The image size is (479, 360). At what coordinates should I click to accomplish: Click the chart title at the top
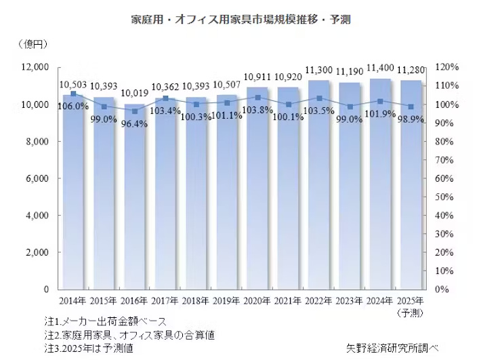click(x=241, y=19)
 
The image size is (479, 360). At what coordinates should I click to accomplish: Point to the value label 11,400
click(x=380, y=69)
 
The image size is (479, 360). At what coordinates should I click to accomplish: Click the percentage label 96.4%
click(x=134, y=122)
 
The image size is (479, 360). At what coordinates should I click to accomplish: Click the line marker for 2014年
click(x=73, y=94)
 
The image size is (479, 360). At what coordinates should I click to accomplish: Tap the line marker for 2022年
click(x=319, y=98)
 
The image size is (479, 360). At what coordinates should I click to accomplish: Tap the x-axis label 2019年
click(x=226, y=300)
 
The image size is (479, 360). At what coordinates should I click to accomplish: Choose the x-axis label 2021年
click(x=288, y=300)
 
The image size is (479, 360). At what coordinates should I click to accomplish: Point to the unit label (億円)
click(x=31, y=45)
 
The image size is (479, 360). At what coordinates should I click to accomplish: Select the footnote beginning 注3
click(x=87, y=348)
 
